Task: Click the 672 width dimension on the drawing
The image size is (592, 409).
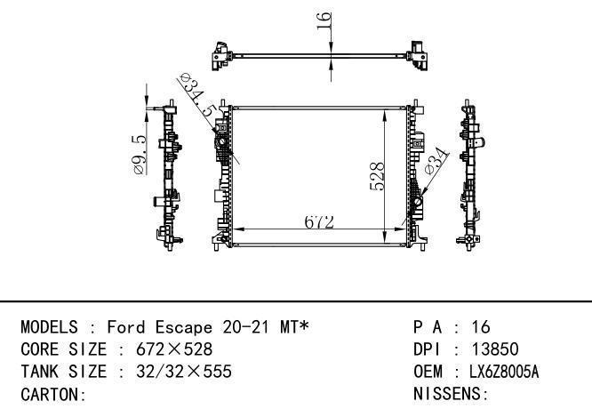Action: (319, 222)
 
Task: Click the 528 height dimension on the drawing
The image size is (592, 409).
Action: (377, 176)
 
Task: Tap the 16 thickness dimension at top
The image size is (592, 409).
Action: (324, 20)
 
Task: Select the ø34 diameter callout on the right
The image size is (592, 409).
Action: (436, 161)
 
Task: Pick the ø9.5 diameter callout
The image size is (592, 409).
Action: (139, 155)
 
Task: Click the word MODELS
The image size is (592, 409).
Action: (49, 327)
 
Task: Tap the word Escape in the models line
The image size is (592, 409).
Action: (184, 327)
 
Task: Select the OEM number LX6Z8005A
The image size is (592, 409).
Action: (504, 372)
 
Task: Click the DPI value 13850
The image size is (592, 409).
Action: (495, 349)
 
